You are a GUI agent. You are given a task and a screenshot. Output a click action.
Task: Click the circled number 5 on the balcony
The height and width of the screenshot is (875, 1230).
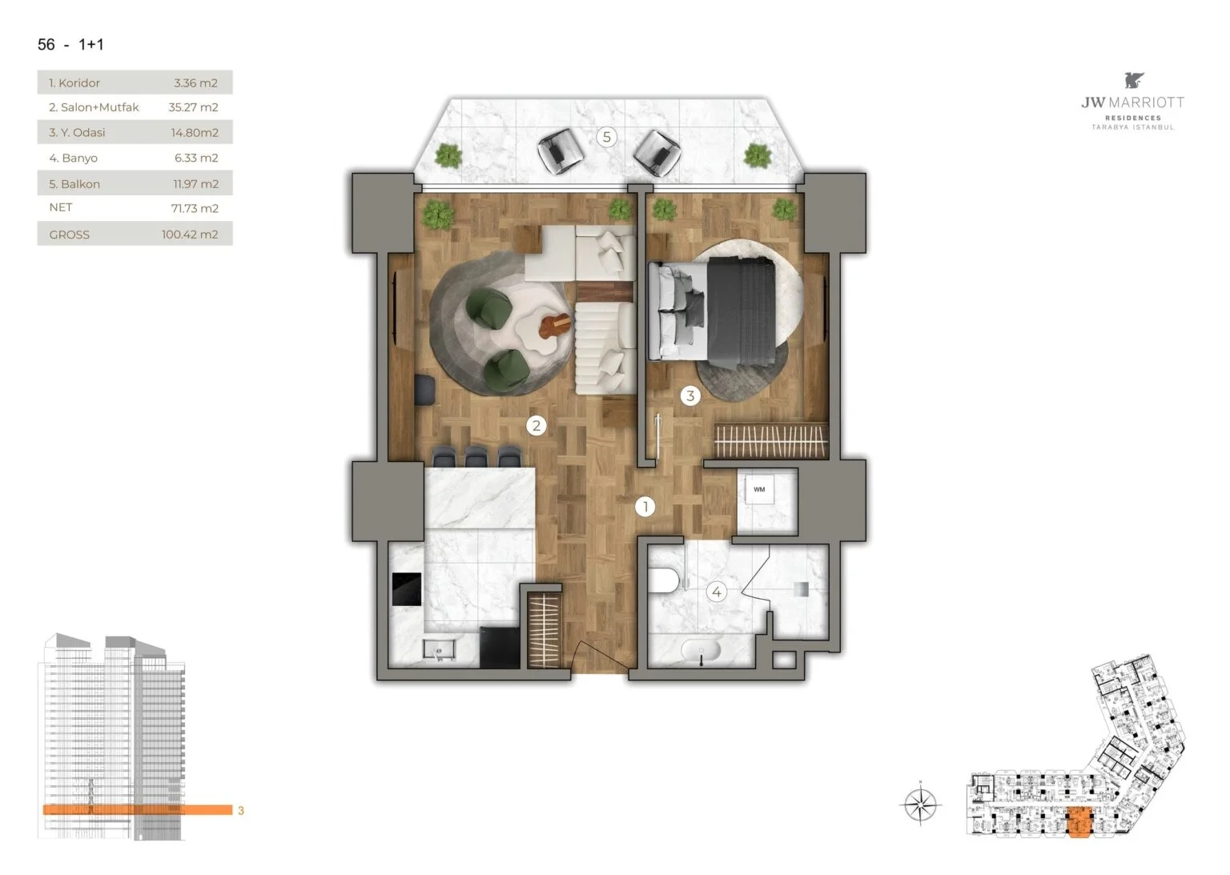tap(606, 137)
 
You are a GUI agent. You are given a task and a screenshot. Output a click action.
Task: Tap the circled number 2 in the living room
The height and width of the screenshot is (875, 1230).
tap(536, 425)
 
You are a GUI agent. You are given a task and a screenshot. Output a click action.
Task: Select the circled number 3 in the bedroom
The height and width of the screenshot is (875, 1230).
tap(690, 395)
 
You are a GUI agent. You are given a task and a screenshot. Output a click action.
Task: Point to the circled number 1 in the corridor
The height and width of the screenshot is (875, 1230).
tap(645, 506)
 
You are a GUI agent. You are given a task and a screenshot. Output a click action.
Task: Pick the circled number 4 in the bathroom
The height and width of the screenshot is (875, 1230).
tap(716, 592)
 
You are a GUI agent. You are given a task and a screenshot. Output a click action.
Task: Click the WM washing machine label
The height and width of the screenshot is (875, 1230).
tap(759, 489)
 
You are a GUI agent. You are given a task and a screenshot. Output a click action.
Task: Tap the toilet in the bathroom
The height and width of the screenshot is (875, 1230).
tap(663, 580)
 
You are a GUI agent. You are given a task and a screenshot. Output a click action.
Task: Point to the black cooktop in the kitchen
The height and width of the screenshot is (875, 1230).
tap(407, 589)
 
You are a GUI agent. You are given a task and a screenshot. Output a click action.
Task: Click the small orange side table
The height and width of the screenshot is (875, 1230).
tap(555, 326)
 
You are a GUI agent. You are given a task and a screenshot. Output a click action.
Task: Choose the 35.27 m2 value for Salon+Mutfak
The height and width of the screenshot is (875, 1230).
tap(193, 107)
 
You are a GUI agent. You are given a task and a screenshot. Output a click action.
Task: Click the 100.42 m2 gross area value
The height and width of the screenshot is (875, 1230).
tap(190, 235)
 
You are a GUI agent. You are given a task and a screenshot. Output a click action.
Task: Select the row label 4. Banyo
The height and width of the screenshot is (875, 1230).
tap(73, 158)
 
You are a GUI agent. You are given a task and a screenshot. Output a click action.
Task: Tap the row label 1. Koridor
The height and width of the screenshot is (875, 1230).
tap(74, 83)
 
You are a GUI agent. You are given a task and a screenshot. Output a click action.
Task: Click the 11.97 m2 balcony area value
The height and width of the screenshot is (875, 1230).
tap(196, 184)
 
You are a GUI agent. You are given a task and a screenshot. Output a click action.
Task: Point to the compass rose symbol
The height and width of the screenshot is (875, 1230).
tap(921, 805)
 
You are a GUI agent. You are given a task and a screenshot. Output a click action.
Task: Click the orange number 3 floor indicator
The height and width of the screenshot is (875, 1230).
tap(240, 810)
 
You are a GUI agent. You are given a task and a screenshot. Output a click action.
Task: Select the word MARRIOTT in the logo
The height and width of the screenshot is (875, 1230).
tap(1147, 102)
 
